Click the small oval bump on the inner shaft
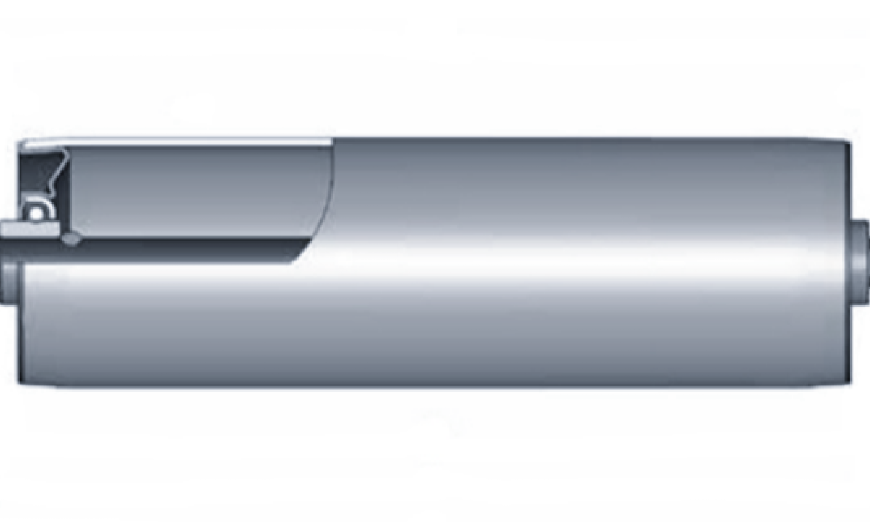tap(71, 238)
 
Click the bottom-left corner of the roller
tap(20, 383)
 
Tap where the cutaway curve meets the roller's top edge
tap(333, 138)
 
